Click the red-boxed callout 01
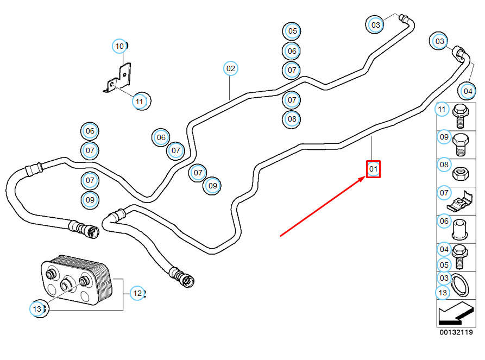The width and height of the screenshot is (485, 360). (x=373, y=169)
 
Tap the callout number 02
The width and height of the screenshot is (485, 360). (x=231, y=68)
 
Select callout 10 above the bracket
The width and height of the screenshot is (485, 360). (x=120, y=46)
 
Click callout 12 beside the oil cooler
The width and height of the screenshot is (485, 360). (x=137, y=293)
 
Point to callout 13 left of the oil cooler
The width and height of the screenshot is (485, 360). (x=37, y=309)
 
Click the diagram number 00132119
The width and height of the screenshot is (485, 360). (x=456, y=332)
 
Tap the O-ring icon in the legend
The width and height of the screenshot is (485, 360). (x=461, y=285)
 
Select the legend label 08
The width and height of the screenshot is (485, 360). (x=444, y=165)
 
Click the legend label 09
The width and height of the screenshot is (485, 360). (x=444, y=137)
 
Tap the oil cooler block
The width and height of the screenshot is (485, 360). (x=76, y=279)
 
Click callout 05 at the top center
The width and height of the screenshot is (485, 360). (x=292, y=31)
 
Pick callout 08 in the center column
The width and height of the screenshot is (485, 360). (x=292, y=119)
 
